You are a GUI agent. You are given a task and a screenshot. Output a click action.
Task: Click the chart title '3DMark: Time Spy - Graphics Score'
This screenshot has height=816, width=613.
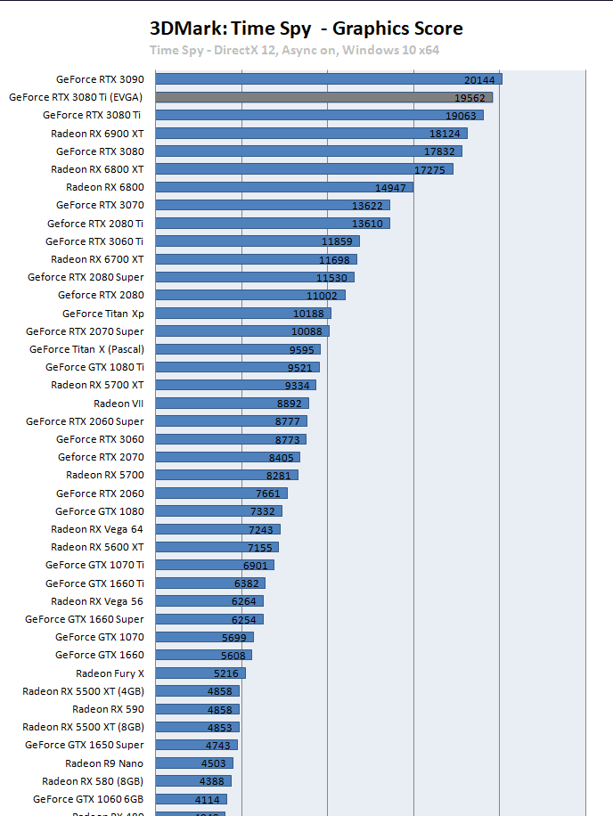[x=306, y=29]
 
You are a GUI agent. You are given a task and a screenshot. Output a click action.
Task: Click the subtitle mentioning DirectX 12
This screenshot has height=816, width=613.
[x=295, y=51]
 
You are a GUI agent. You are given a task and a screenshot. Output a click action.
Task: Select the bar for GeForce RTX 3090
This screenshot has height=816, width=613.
[x=329, y=79]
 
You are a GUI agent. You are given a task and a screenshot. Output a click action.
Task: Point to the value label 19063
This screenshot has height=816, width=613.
[x=463, y=116]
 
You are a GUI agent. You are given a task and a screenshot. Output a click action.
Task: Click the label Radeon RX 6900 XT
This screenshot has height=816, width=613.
[x=97, y=133]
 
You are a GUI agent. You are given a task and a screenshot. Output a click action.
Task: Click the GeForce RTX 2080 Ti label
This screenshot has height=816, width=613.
[x=95, y=224]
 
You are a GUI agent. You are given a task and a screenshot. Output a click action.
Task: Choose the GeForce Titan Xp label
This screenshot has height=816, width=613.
[x=103, y=314]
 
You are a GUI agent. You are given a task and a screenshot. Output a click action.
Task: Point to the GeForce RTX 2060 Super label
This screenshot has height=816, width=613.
[x=85, y=421]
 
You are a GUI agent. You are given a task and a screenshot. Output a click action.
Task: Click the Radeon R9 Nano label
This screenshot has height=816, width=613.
[x=104, y=763]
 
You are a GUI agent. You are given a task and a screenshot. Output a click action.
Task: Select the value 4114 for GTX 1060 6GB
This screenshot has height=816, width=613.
[x=210, y=800]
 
